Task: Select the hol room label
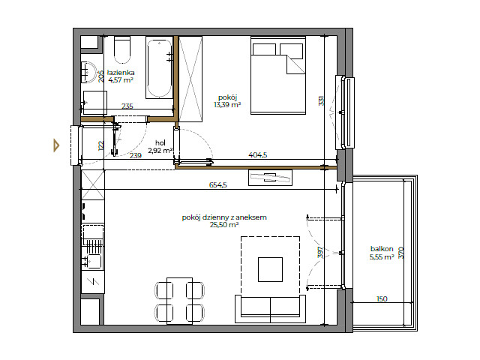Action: pyautogui.click(x=160, y=142)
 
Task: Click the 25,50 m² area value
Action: pyautogui.click(x=224, y=224)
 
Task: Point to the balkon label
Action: pyautogui.click(x=382, y=248)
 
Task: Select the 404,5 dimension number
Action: pyautogui.click(x=259, y=155)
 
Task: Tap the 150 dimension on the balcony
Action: pyautogui.click(x=382, y=298)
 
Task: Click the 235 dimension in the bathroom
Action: pyautogui.click(x=127, y=106)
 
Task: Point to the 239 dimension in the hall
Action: pyautogui.click(x=135, y=156)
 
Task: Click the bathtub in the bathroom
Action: pyautogui.click(x=159, y=68)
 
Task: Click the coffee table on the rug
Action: pyautogui.click(x=270, y=269)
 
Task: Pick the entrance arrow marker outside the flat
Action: pyautogui.click(x=56, y=145)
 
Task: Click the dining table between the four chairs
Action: pyautogui.click(x=179, y=300)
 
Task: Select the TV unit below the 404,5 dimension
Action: pyautogui.click(x=269, y=178)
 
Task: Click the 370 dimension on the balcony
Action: pyautogui.click(x=401, y=253)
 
